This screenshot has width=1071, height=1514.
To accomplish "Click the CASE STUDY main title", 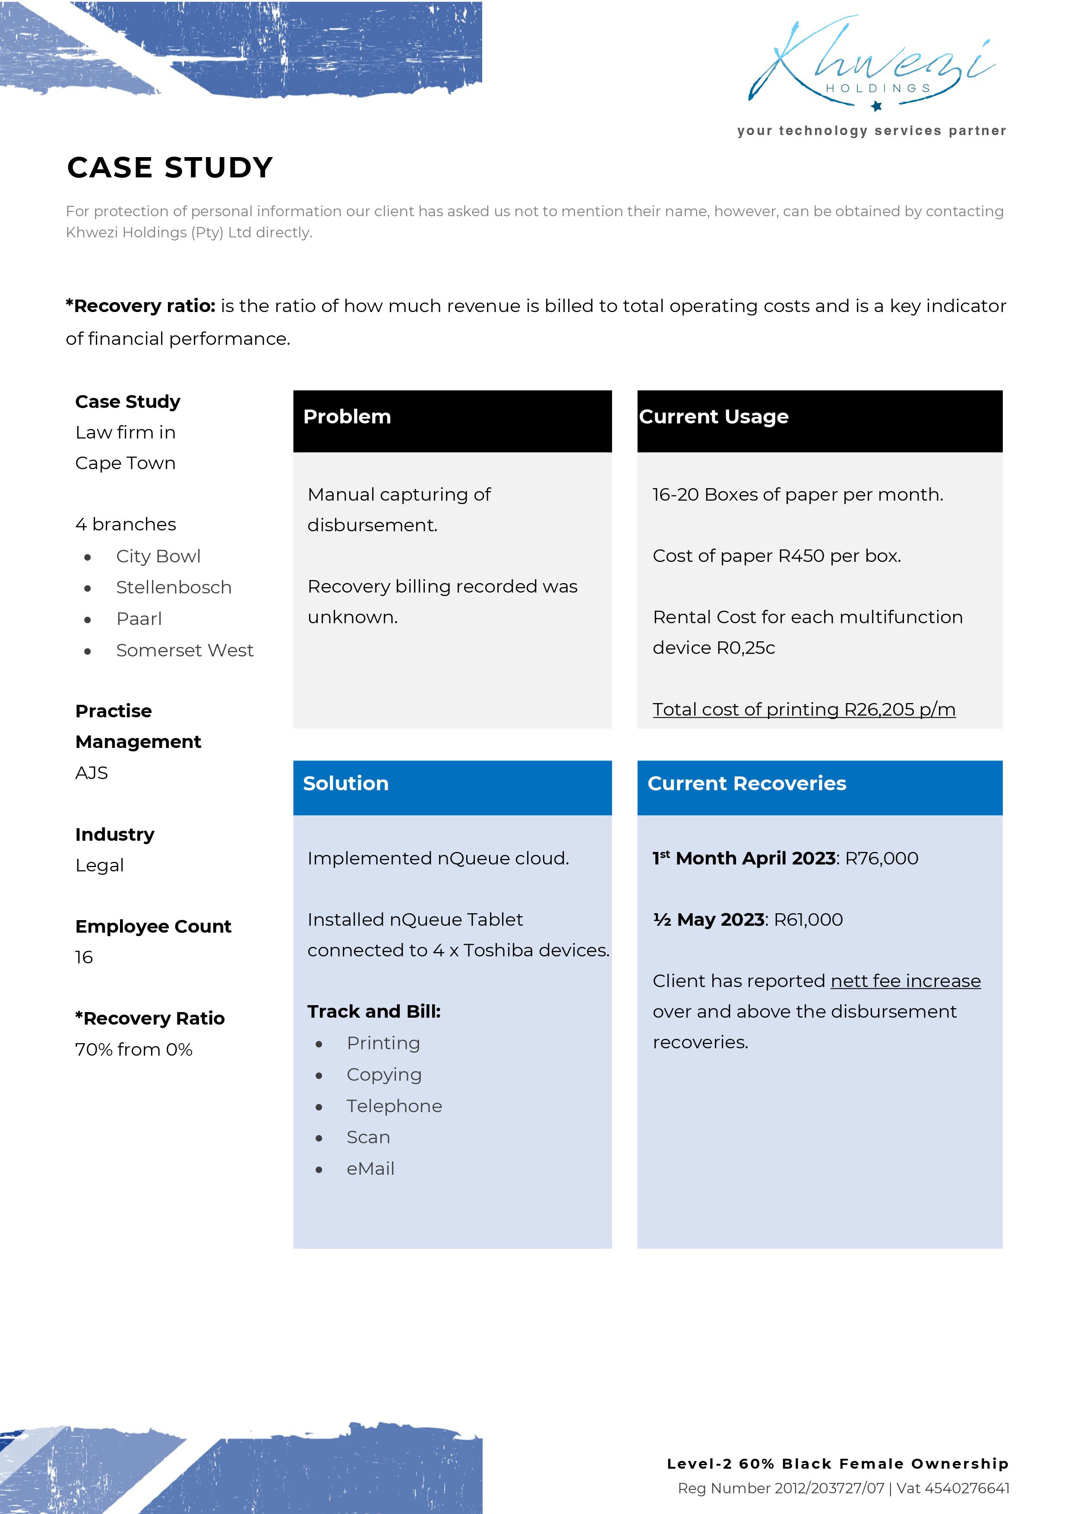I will [170, 167].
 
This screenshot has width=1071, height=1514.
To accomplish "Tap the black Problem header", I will [452, 421].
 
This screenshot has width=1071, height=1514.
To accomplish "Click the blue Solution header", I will [452, 787].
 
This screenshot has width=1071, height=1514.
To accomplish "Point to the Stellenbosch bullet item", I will [174, 587].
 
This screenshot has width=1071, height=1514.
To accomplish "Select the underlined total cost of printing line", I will [803, 710].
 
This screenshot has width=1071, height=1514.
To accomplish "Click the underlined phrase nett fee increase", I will [906, 981].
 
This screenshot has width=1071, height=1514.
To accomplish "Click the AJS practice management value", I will [92, 773].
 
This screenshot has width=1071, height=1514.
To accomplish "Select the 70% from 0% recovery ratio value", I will [134, 1050].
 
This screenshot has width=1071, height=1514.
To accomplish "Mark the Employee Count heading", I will [153, 927].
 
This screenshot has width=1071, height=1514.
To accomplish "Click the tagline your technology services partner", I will [871, 131].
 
